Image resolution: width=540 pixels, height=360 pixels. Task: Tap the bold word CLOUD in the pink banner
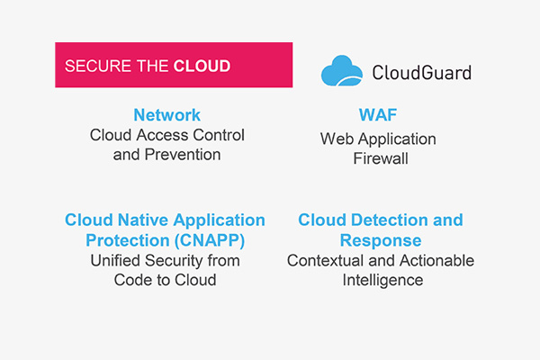click(x=202, y=66)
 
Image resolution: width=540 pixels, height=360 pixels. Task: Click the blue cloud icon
click(x=342, y=70)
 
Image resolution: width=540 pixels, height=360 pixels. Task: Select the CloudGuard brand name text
click(x=422, y=72)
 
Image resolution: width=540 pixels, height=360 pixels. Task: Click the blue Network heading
click(x=167, y=115)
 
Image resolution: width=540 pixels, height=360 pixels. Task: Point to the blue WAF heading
click(x=378, y=115)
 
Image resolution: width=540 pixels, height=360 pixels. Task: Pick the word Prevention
click(x=183, y=155)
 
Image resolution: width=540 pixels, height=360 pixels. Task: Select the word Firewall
click(x=381, y=158)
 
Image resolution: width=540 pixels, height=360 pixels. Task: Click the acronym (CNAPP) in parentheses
click(x=210, y=240)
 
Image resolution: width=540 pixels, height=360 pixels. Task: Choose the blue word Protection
click(x=128, y=240)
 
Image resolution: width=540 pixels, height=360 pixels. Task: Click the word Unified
click(x=115, y=261)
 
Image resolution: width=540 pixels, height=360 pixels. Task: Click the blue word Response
click(x=381, y=240)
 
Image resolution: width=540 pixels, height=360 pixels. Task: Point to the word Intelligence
click(x=382, y=280)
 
